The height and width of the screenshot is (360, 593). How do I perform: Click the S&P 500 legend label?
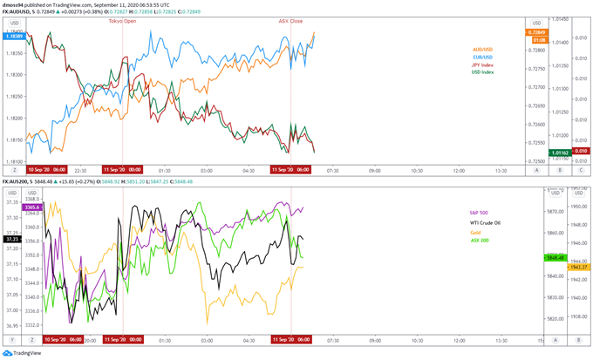[480, 212]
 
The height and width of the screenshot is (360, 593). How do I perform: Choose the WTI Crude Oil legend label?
[484, 222]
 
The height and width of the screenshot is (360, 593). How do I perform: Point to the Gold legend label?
[474, 232]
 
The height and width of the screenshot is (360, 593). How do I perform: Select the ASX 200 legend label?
[479, 240]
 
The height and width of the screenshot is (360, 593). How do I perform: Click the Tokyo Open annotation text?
[122, 20]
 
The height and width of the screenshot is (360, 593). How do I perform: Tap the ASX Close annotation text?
[290, 20]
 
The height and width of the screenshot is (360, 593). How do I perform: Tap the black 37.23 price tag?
[11, 238]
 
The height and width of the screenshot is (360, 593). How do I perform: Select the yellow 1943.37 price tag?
[578, 267]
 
